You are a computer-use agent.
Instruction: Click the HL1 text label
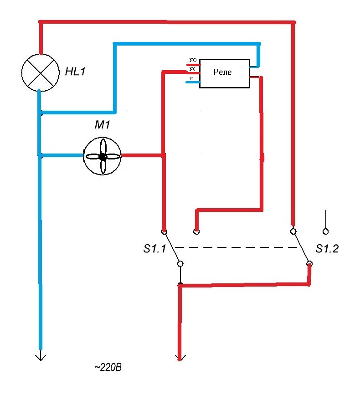coord(75,72)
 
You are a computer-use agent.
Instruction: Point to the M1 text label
coord(102,125)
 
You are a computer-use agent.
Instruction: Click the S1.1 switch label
coord(154,249)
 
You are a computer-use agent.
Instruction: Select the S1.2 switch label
coord(327,249)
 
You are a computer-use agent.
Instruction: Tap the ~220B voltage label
coord(108,368)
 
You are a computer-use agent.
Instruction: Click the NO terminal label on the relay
coord(193,60)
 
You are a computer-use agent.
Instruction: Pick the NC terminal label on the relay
coord(192,69)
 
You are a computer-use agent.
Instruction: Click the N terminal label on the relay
coord(191,79)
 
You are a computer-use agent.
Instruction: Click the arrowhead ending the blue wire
coord(41,357)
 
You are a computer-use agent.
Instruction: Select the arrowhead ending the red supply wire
coord(180,358)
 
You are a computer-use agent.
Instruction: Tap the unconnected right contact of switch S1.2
coord(325,231)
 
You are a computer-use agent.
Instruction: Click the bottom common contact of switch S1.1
coord(180,264)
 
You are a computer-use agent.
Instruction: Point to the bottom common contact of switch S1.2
coord(309,264)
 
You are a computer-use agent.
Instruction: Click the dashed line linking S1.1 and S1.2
coord(236,247)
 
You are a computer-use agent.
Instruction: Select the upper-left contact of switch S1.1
coord(164,231)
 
